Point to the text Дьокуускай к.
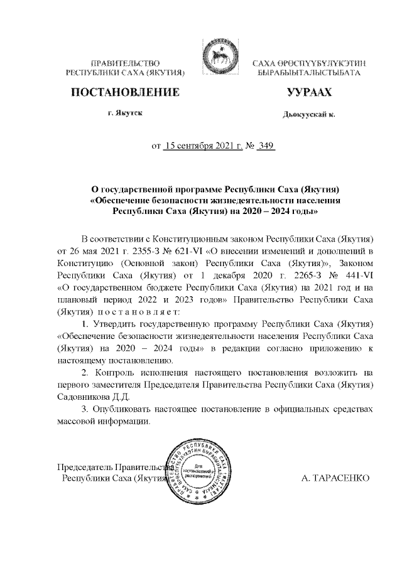(x=308, y=115)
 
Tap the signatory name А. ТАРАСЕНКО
(x=335, y=478)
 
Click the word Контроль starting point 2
(x=117, y=373)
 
